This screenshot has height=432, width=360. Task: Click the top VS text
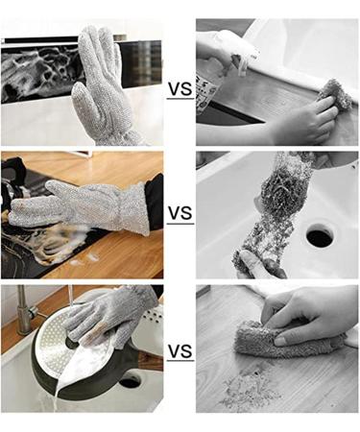click(180, 89)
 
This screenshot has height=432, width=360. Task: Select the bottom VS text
click(180, 352)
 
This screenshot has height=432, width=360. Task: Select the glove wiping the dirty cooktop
click(86, 205)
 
